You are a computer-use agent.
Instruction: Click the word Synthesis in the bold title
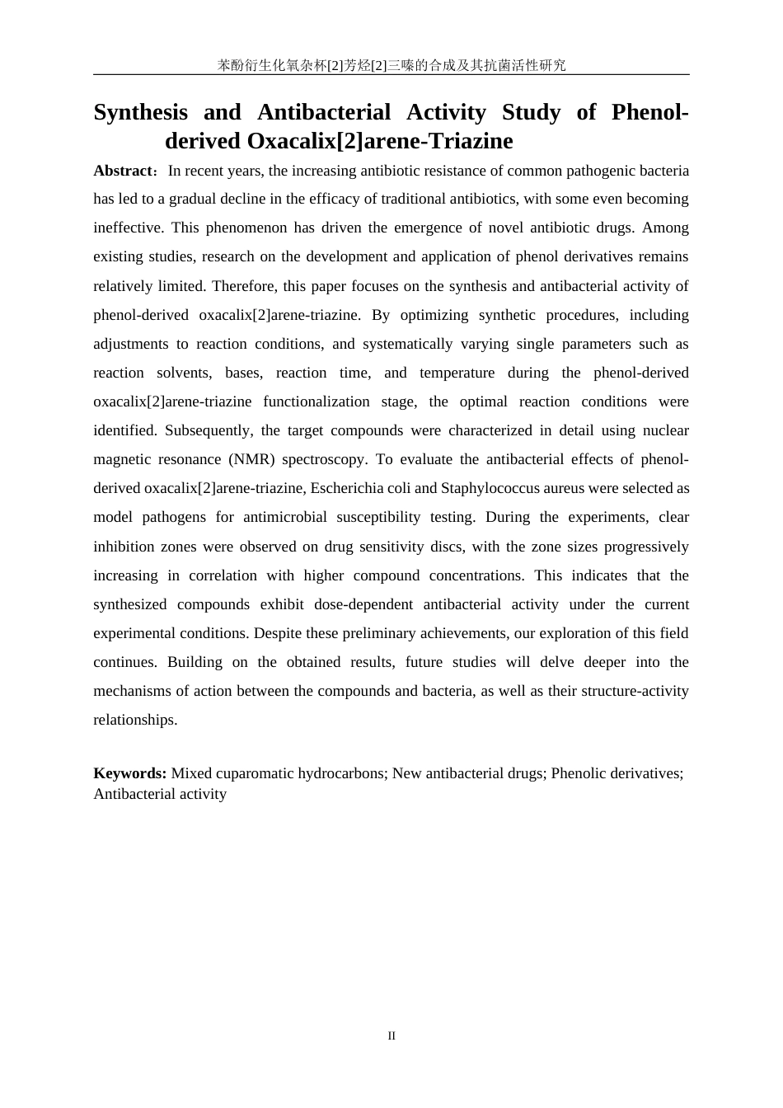tap(140, 112)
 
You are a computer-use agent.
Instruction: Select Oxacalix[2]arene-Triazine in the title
tap(380, 141)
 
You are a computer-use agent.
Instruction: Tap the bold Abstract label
tap(123, 171)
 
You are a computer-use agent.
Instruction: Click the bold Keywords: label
tap(130, 773)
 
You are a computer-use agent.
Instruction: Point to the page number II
tap(391, 1036)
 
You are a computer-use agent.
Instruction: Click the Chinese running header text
tap(391, 65)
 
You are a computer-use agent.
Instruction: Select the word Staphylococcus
tap(488, 488)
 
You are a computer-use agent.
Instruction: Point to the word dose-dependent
tap(363, 604)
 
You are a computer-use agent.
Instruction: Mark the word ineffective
tap(127, 228)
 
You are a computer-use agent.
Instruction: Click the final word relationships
tap(134, 720)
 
